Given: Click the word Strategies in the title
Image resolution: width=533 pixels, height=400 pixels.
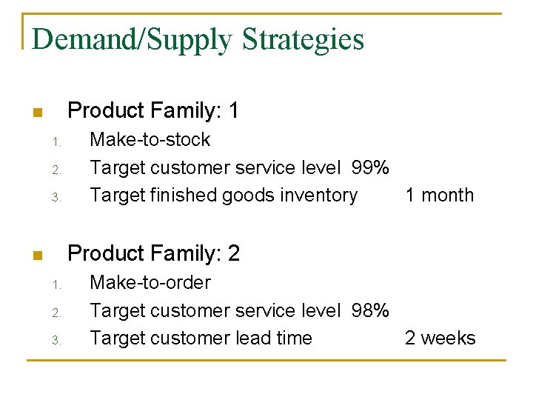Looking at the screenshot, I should coord(303,39).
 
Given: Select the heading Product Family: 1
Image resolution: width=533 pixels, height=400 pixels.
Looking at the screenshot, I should coord(152,111).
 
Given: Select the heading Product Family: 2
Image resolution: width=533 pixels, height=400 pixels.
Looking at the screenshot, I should coord(153,254).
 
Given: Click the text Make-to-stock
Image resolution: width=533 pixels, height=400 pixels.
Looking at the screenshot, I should coord(150,140).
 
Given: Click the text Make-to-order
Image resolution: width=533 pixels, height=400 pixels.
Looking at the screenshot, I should coord(150,283).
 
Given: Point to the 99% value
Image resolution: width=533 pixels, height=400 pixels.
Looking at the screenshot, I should coord(370,168).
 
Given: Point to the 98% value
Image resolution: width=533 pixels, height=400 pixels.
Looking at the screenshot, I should coord(370,311).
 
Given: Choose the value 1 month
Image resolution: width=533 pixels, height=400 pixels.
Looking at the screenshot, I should coord(439,196).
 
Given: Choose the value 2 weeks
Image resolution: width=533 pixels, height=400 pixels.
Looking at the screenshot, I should coord(440,339).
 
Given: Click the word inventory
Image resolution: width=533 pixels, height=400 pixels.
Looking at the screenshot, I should coord(320,196).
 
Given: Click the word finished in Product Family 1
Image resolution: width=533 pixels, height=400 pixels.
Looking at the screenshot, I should coord(177,196).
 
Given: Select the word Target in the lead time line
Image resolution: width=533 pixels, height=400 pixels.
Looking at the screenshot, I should coord(117,339).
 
